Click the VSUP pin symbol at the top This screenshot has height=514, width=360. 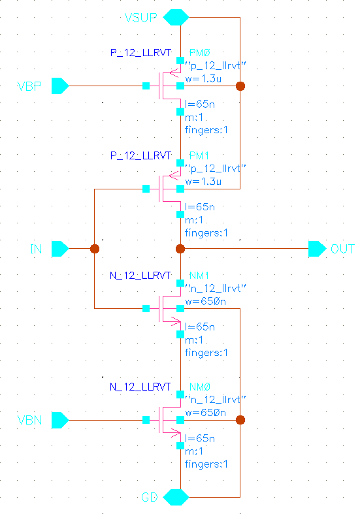tap(175, 17)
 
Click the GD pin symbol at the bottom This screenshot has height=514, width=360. tap(175, 497)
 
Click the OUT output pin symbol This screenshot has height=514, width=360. tap(318, 249)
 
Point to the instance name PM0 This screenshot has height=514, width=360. tap(199, 52)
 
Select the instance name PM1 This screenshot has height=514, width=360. tap(199, 157)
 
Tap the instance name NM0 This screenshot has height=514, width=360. tap(199, 388)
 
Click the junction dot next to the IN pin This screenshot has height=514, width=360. tap(95, 249)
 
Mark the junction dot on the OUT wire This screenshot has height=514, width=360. tap(181, 249)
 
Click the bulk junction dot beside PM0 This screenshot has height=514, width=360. tap(240, 86)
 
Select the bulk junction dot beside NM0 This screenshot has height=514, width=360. tap(240, 420)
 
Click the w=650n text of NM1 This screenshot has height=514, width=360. tap(206, 302)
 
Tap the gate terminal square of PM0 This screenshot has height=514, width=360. tap(146, 86)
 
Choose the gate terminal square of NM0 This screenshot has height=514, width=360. tap(146, 420)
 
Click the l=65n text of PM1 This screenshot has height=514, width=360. tap(199, 207)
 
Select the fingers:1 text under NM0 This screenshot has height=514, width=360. tap(206, 464)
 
